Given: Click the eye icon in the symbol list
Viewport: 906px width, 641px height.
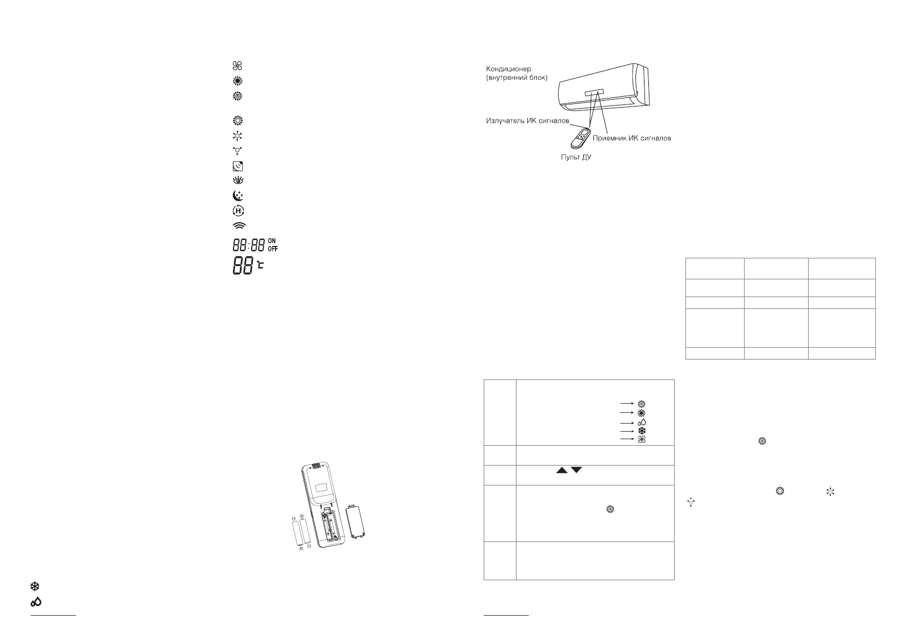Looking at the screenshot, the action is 238,181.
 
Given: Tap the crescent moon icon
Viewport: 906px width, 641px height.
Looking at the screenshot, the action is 238,196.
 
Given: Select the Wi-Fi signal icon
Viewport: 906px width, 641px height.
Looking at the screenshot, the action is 238,226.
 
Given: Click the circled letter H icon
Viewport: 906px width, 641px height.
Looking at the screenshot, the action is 238,211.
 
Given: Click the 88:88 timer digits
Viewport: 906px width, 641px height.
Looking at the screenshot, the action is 249,246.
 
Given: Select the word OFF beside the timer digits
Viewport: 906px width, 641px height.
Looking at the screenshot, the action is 273,249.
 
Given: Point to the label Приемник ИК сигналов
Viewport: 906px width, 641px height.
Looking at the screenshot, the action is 632,138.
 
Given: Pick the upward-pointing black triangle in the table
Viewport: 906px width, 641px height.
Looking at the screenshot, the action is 562,470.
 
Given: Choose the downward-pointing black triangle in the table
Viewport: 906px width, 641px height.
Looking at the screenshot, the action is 577,470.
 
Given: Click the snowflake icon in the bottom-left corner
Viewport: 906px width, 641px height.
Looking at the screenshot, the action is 36,586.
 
